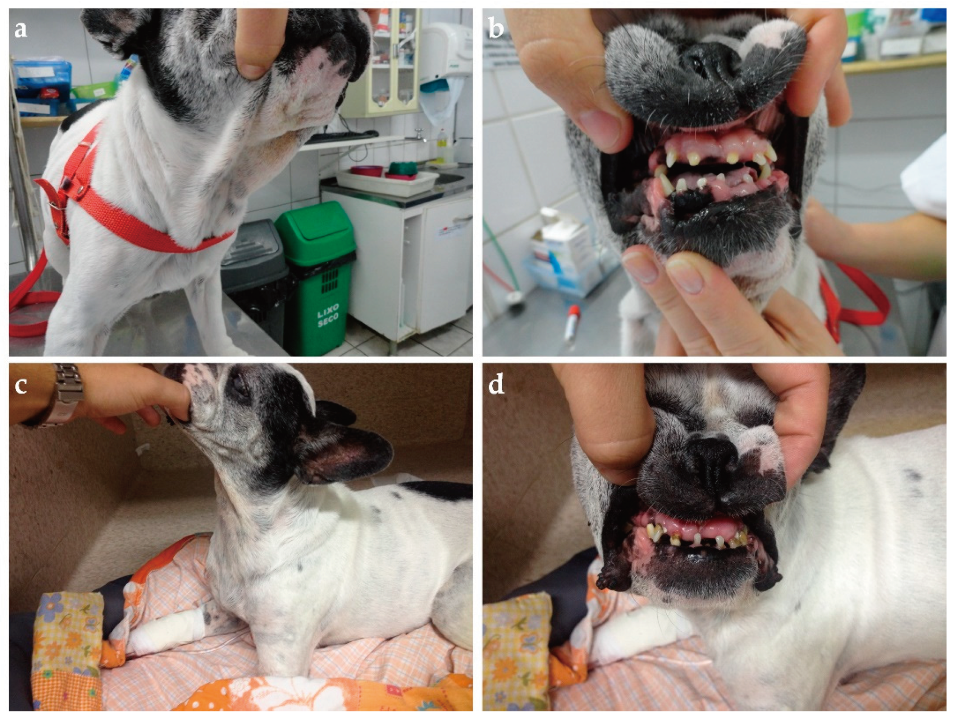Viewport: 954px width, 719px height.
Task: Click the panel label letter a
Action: coord(21,30)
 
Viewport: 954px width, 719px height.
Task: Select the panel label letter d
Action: coord(496,384)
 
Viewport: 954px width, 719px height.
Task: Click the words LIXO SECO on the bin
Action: coord(328,315)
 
